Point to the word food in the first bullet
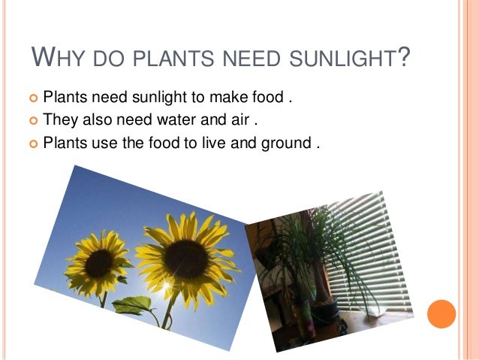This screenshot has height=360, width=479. (x=264, y=98)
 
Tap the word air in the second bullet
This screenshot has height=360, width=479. (x=239, y=119)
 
